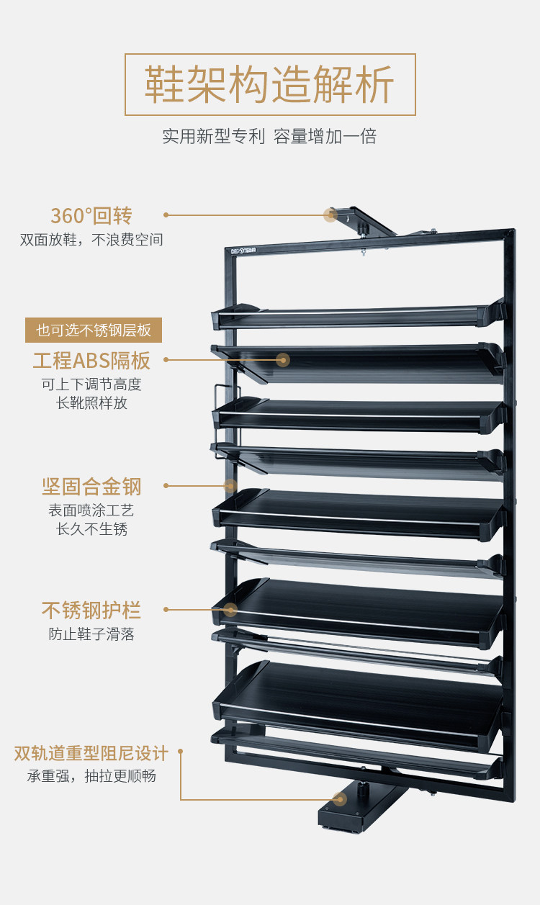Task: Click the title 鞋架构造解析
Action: coord(270,85)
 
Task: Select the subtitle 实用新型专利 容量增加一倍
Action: coord(270,136)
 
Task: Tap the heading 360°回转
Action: coord(91,215)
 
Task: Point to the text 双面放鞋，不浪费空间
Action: coord(91,240)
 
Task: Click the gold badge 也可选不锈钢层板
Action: coord(94,330)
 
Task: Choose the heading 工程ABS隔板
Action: coord(91,360)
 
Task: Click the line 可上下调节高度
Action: coord(91,384)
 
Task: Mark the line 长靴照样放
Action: coord(91,403)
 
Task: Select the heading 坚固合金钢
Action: coord(91,487)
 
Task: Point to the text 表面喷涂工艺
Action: coord(91,510)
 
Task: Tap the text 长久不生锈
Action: coord(91,529)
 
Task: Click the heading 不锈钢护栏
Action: coord(91,611)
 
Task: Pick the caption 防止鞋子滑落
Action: coord(91,634)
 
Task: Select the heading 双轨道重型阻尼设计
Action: coord(91,754)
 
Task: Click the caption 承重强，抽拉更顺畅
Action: coord(91,776)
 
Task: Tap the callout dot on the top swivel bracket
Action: coord(330,215)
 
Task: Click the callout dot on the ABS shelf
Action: coord(283,360)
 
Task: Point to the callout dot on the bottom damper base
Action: coord(340,799)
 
